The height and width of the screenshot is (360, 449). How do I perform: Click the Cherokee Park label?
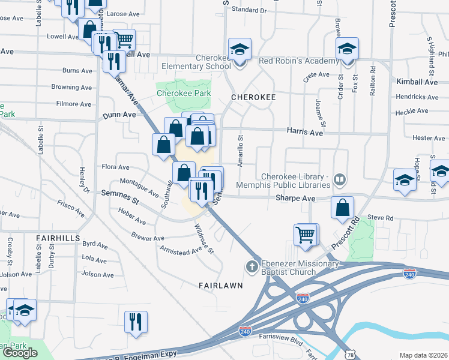click(x=184, y=94)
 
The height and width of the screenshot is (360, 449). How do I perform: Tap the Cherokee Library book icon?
click(x=340, y=179)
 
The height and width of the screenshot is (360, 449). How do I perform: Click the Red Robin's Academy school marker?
click(x=347, y=49)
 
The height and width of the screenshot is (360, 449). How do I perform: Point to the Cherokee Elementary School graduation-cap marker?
click(x=240, y=50)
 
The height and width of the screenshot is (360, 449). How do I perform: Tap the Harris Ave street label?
click(x=304, y=131)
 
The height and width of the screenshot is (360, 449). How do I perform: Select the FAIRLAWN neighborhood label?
click(x=221, y=286)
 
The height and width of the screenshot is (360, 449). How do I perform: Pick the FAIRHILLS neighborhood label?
click(x=58, y=238)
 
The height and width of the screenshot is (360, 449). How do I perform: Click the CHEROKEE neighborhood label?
click(x=253, y=97)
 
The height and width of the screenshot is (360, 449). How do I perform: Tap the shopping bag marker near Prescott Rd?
click(x=342, y=208)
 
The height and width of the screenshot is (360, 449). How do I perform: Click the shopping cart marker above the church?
click(x=306, y=234)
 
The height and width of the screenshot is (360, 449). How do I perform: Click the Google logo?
click(x=20, y=353)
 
